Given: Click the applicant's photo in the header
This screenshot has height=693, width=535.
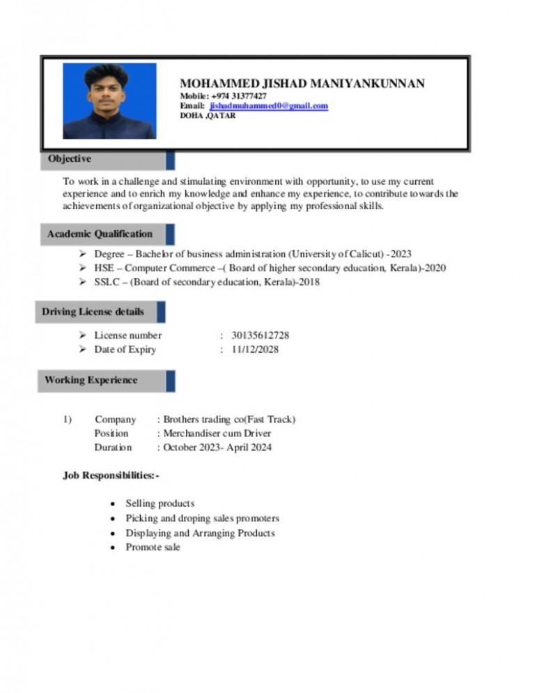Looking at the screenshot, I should pyautogui.click(x=109, y=101).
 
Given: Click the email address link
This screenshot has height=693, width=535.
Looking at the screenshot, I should pyautogui.click(x=268, y=106).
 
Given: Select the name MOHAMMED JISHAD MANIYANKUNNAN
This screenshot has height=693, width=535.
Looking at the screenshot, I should pyautogui.click(x=302, y=84).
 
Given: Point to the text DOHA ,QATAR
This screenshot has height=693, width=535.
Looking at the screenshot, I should pyautogui.click(x=208, y=116).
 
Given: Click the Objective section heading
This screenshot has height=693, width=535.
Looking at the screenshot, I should pyautogui.click(x=70, y=159).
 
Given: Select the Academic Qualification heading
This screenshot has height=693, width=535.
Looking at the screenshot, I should pyautogui.click(x=100, y=234).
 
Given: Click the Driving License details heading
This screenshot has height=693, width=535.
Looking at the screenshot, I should pyautogui.click(x=93, y=311).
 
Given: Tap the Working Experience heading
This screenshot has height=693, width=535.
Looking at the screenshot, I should pyautogui.click(x=91, y=380).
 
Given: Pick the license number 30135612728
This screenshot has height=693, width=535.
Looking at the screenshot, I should pyautogui.click(x=260, y=335).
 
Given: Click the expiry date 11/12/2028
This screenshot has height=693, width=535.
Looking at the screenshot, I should pyautogui.click(x=255, y=349).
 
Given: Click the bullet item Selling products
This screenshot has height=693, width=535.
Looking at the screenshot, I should pyautogui.click(x=160, y=503).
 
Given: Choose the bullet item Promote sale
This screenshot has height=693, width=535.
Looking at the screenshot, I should pyautogui.click(x=153, y=547).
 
